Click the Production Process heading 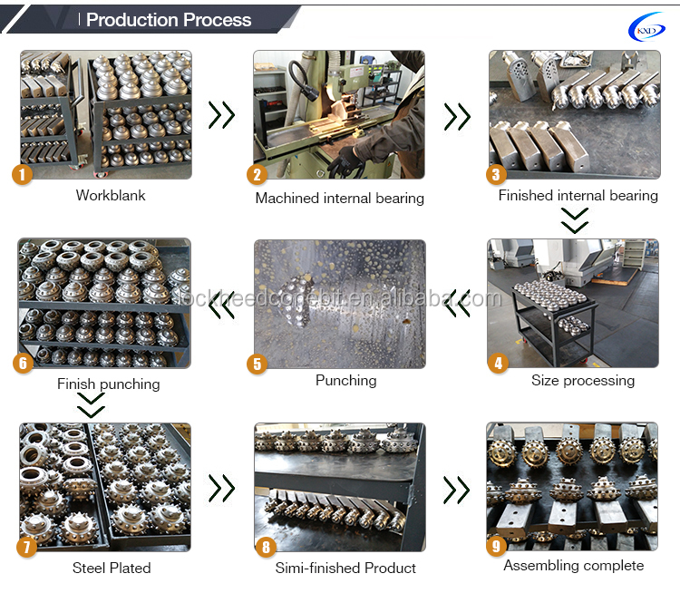(169, 20)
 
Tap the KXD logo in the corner (646, 28)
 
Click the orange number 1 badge (24, 174)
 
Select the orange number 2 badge (257, 175)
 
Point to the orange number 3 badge (496, 175)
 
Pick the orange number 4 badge (496, 364)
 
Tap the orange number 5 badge (257, 365)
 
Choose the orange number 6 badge (24, 363)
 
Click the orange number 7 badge (24, 547)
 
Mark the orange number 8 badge (265, 547)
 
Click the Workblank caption (111, 195)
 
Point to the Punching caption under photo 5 (345, 381)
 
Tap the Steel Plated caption (112, 569)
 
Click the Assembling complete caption (573, 566)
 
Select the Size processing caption (583, 381)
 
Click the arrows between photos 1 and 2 (221, 115)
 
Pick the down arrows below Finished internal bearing (575, 220)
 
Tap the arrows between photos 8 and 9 (456, 490)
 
